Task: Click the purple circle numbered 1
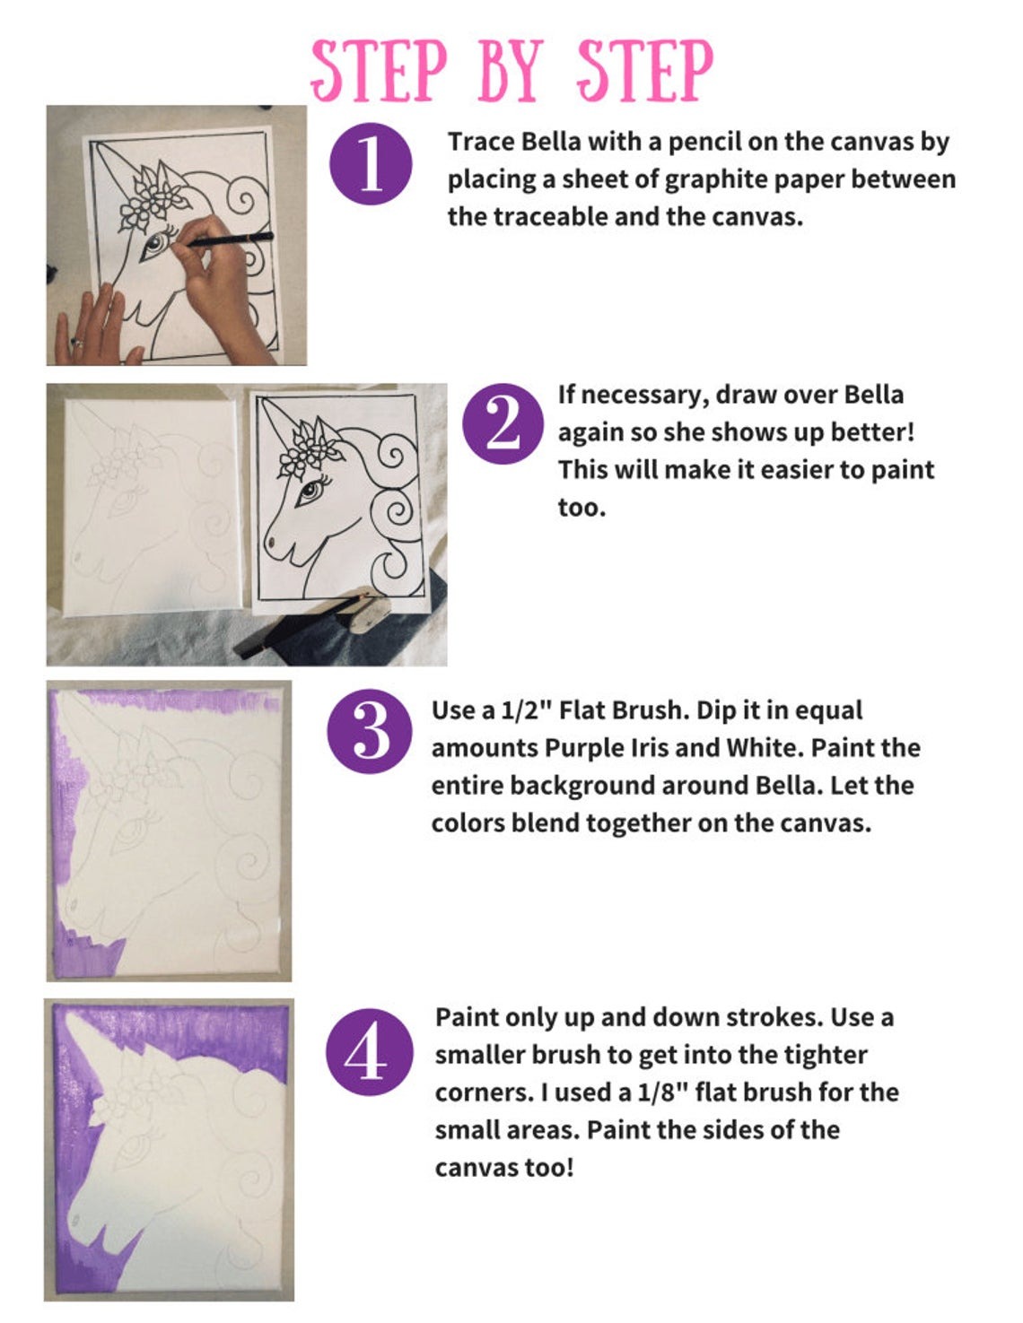(371, 163)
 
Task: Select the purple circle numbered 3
(371, 732)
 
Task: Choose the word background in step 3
(586, 786)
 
